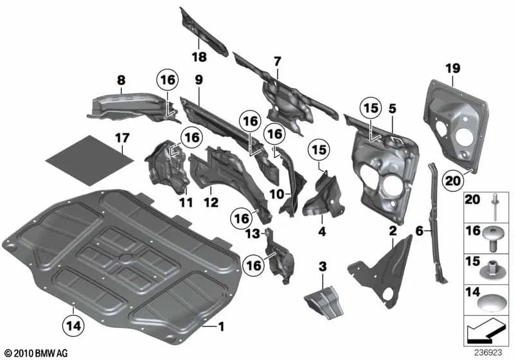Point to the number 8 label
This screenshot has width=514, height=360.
tap(120, 80)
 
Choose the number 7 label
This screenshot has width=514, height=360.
tap(277, 61)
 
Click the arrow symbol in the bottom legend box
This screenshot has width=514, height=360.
tap(486, 332)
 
